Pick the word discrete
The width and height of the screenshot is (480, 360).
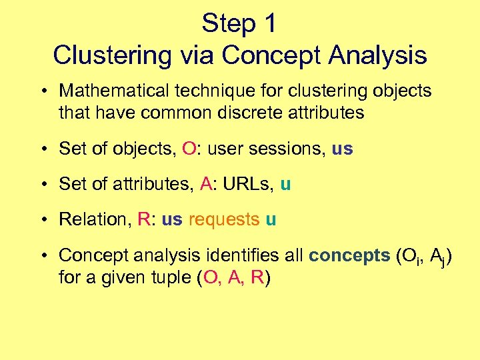(x=267, y=113)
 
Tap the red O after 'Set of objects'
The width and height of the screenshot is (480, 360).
(x=189, y=149)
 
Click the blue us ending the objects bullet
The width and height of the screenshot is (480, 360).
(x=342, y=149)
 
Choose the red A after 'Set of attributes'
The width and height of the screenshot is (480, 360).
(x=206, y=184)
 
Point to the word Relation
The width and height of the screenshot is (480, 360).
(x=95, y=219)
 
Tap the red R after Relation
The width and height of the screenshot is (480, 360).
(x=143, y=219)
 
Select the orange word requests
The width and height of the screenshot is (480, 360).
(x=224, y=219)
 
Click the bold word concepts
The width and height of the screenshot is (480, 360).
(x=350, y=255)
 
